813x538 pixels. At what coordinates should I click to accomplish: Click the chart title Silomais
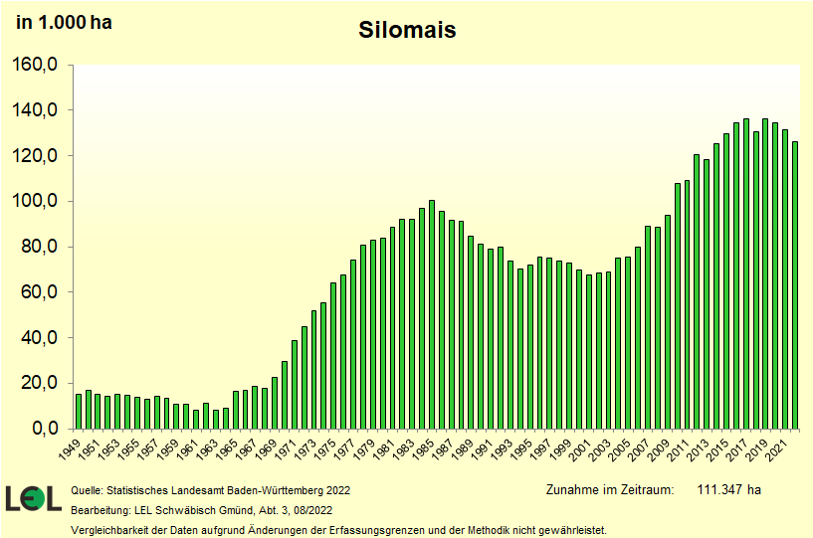(x=407, y=31)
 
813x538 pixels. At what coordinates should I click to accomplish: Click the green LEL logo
(x=34, y=498)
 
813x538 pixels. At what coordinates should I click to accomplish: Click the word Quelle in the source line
(x=88, y=490)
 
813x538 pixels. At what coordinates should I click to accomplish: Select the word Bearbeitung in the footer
(x=101, y=510)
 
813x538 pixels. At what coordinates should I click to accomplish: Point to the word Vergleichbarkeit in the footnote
(x=109, y=530)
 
